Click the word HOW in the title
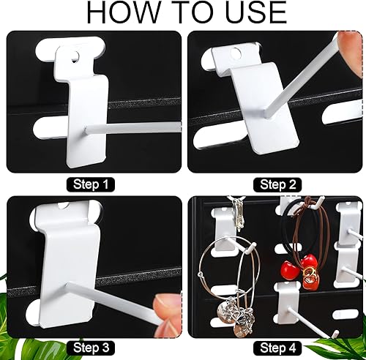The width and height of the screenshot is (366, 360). [x=122, y=13]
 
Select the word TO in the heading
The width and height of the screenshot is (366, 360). [x=186, y=13]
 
